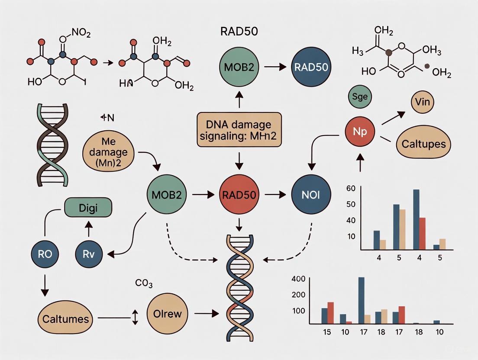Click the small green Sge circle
360,96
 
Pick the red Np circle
360,131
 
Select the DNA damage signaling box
239,131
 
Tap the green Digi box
88,208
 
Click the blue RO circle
45,254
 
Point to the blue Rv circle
88,254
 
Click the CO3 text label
144,284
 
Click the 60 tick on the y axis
351,188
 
